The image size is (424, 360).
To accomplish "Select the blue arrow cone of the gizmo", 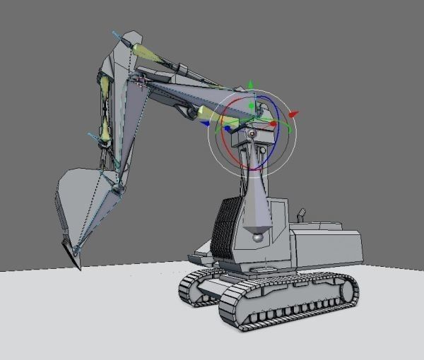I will coord(227,129).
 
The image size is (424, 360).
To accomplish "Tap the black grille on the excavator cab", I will coord(226,226).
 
